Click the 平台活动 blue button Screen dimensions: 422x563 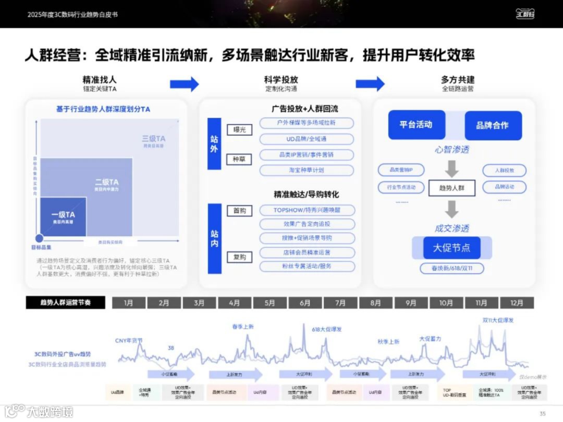coord(417,125)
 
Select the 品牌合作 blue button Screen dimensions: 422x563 coord(493,125)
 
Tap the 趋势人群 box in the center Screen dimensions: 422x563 coord(451,187)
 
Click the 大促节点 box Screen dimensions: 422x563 coord(451,247)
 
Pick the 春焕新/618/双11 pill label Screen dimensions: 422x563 coord(451,269)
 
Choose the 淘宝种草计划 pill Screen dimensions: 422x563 coord(307,170)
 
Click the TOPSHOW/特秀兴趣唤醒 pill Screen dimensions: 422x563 coord(307,210)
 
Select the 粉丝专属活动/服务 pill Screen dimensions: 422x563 coord(307,266)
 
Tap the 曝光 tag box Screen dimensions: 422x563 coord(239,129)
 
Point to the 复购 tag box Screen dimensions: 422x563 coord(239,257)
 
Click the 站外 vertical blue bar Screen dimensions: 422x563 coord(214,143)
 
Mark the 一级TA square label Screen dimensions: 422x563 coord(63,215)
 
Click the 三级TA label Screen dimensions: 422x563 coord(154,139)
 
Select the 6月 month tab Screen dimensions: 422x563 coord(305,303)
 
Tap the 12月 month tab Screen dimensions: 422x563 coord(517,303)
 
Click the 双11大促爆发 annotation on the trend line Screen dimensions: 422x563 coord(498,320)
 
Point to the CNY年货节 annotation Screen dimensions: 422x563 coord(129,341)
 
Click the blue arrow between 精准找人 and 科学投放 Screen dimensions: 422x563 coord(184,83)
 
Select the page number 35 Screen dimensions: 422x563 coord(543,414)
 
